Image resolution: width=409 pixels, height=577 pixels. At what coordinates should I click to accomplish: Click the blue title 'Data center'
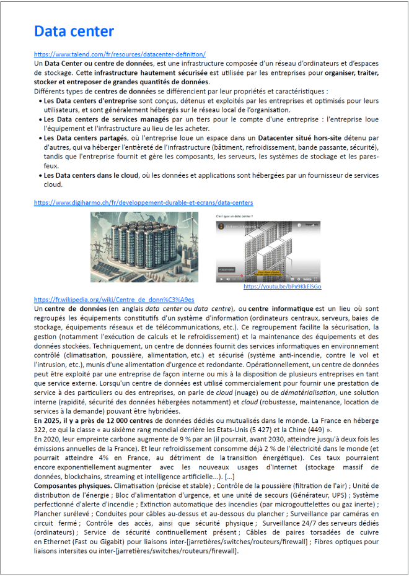tap(74, 32)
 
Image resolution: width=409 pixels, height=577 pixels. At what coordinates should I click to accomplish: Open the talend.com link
tap(120, 54)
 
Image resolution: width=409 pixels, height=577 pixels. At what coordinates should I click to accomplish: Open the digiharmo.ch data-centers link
tap(143, 202)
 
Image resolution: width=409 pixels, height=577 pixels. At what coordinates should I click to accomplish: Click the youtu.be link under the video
tap(282, 287)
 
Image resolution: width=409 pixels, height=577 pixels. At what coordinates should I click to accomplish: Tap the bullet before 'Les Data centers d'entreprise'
tap(40, 100)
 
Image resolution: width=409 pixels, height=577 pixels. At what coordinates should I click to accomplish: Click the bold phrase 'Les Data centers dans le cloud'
tap(91, 175)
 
